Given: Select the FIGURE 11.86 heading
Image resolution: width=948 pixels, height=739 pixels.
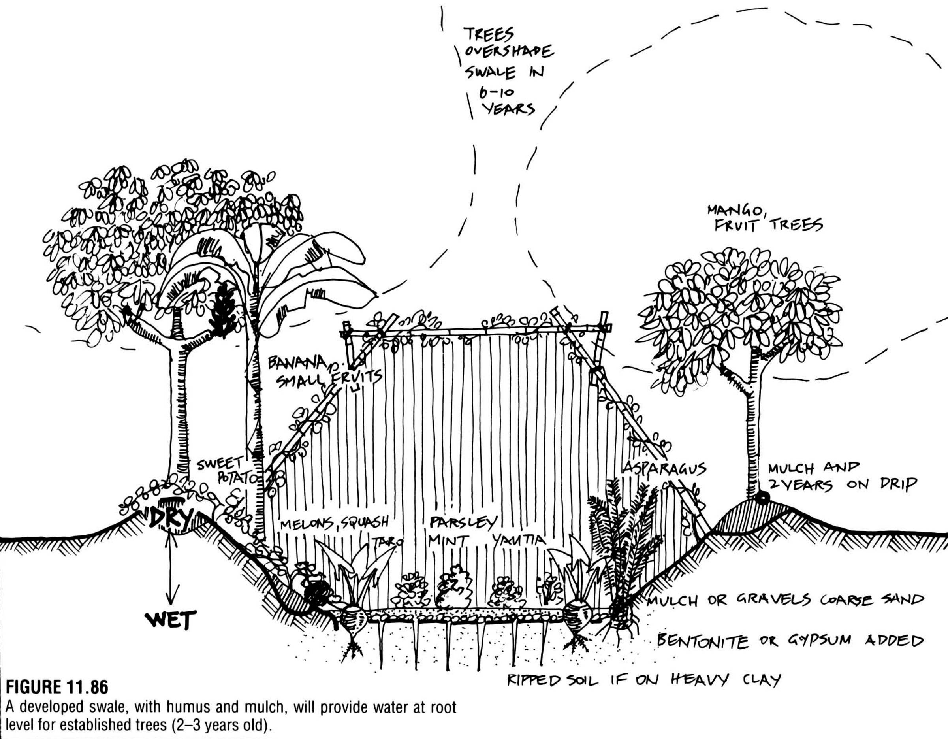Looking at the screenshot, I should click(x=56, y=687).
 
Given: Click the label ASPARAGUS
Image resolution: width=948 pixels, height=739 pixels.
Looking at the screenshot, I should click(x=664, y=469).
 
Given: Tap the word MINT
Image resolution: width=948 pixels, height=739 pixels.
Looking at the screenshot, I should click(x=447, y=541).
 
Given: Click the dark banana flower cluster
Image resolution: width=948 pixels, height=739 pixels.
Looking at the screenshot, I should click(x=224, y=309).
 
